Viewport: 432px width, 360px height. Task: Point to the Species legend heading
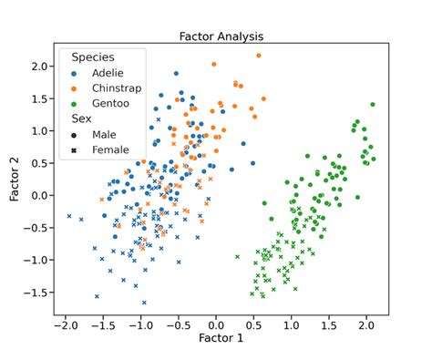coord(93,57)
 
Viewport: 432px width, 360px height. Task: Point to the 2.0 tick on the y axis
coord(38,67)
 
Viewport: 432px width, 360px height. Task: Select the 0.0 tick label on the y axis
coord(38,196)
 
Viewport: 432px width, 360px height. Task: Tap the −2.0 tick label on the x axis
coord(64,324)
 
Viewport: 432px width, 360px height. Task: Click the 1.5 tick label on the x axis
coord(329,324)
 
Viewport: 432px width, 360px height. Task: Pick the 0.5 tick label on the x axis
coord(254,324)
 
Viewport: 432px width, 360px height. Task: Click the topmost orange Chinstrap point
coord(259,56)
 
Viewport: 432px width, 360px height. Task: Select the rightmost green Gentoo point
coord(372,105)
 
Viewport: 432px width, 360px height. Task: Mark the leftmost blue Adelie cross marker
coord(69,216)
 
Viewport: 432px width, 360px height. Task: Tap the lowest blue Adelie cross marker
coord(144,303)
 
